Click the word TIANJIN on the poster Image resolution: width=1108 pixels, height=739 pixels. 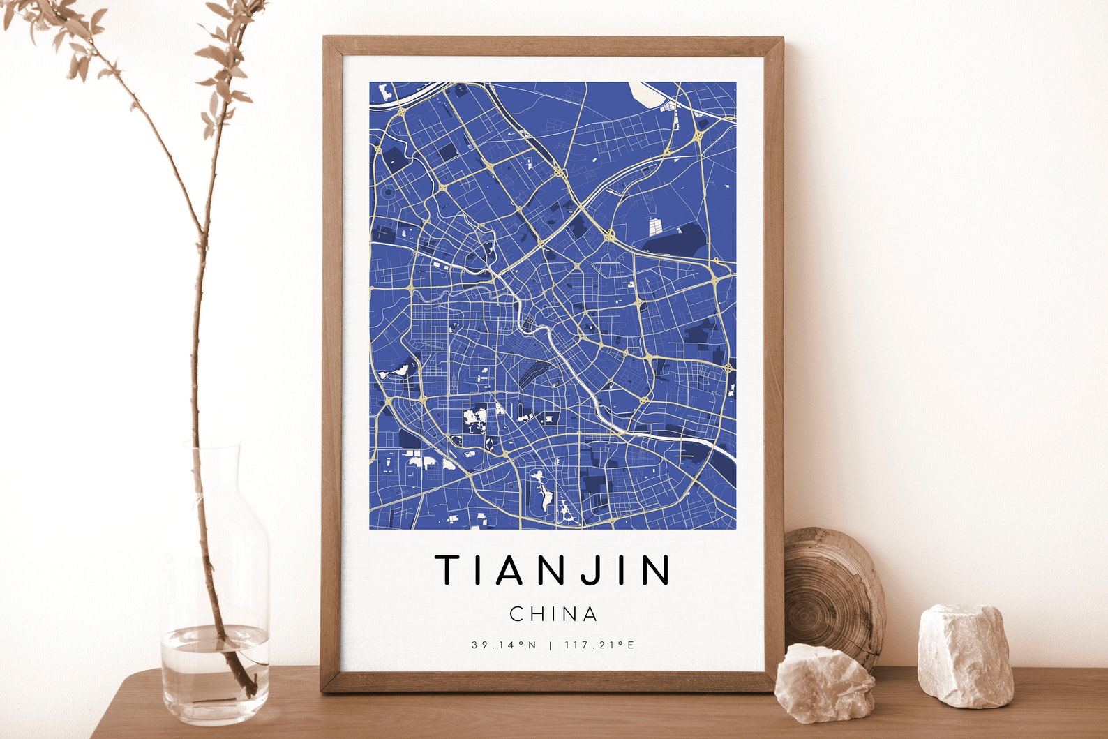(x=553, y=569)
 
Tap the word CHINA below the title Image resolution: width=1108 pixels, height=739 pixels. (x=553, y=614)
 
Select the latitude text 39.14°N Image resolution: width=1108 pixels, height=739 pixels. (x=504, y=645)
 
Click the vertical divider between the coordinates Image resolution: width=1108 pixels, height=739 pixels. (x=550, y=645)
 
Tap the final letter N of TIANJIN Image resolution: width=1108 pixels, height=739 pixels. (x=655, y=569)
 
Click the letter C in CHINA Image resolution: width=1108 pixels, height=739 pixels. (x=517, y=614)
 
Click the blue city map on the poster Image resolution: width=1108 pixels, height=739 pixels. (x=552, y=305)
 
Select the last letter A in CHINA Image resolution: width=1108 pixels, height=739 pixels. (x=590, y=614)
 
